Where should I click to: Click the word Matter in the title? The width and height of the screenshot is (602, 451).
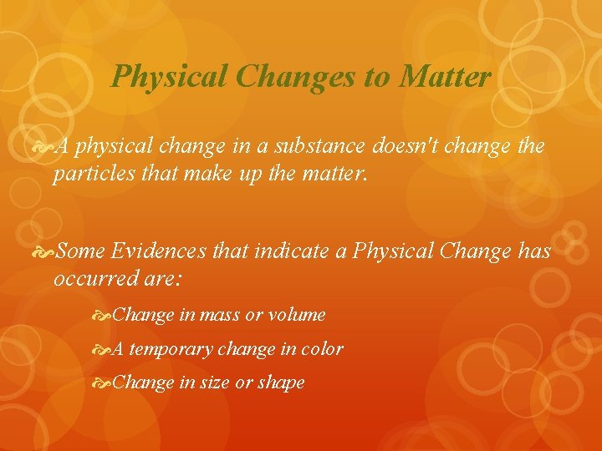pyautogui.click(x=445, y=77)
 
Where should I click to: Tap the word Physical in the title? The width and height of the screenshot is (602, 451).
pyautogui.click(x=170, y=77)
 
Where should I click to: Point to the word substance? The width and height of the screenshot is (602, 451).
pyautogui.click(x=324, y=147)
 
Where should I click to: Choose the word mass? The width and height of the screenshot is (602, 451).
pyautogui.click(x=220, y=315)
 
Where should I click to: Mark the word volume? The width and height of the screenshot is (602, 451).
pyautogui.click(x=296, y=315)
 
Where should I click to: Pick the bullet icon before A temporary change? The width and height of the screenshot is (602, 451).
pyautogui.click(x=104, y=349)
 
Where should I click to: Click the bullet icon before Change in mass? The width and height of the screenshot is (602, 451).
pyautogui.click(x=104, y=315)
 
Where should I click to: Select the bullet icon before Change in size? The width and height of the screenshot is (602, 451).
pyautogui.click(x=104, y=383)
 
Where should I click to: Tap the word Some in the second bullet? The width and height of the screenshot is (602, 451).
pyautogui.click(x=84, y=251)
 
